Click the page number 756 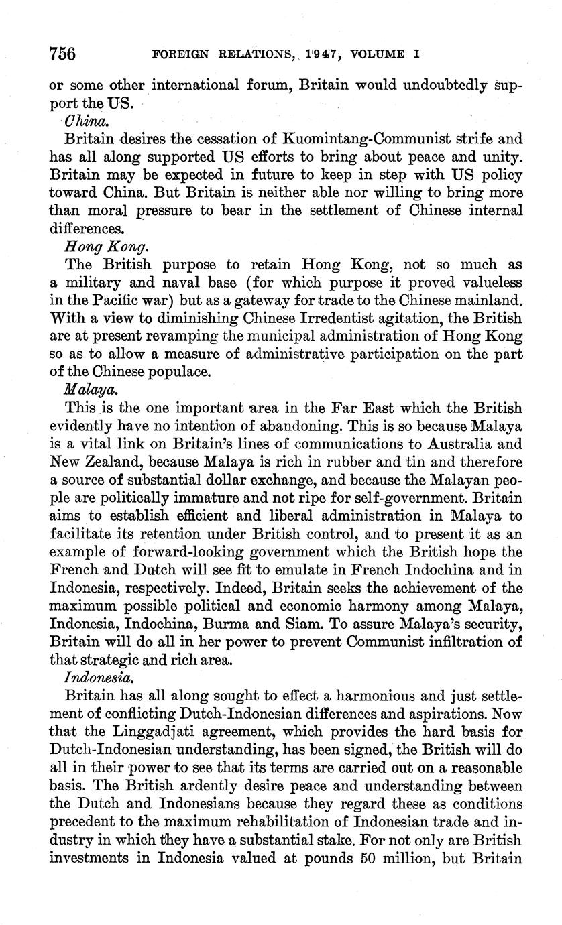tap(63, 53)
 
